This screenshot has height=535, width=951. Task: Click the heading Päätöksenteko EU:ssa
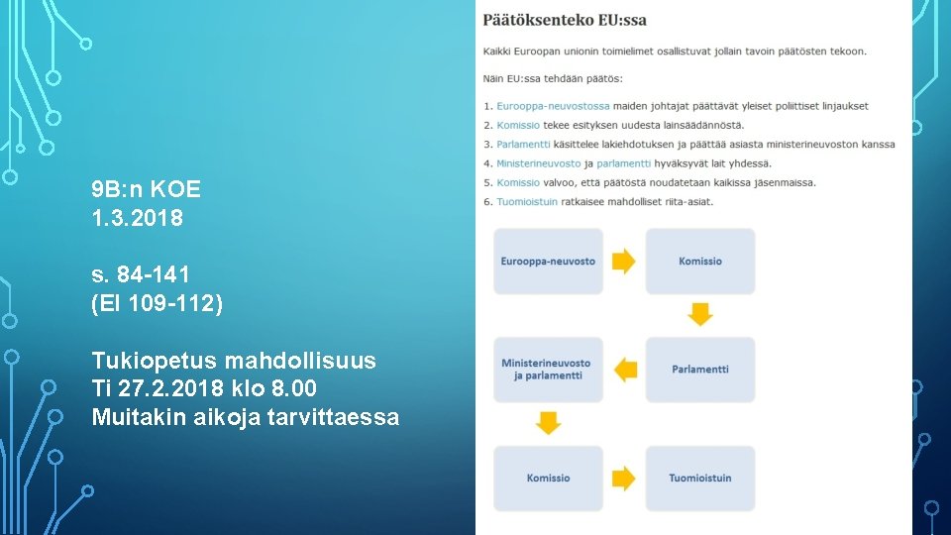coord(566,20)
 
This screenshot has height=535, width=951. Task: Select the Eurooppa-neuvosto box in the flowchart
coord(548,262)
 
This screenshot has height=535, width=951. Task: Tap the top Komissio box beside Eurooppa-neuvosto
coord(700,262)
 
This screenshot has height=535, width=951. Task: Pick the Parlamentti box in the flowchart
coord(700,370)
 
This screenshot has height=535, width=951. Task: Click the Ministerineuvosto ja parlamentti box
coord(548,370)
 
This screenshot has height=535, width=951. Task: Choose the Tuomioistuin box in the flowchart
coord(700,479)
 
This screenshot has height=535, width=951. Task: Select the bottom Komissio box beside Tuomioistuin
coord(548,479)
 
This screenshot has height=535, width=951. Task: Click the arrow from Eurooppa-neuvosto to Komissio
coord(624,262)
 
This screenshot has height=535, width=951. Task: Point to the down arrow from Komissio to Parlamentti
coord(700,315)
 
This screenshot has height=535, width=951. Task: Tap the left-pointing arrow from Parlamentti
coord(625,370)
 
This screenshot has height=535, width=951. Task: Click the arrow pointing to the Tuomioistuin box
coord(624,479)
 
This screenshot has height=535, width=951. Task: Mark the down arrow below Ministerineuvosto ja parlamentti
coord(548,424)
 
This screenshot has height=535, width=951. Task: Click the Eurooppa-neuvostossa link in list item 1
coord(553,106)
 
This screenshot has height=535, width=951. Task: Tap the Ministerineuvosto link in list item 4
coord(538,163)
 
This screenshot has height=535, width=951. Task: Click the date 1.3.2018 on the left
coord(137,218)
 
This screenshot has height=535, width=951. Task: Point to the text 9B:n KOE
coord(146,189)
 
